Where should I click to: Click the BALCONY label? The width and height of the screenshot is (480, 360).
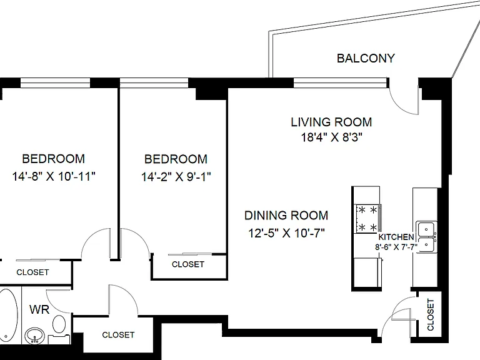pyautogui.click(x=366, y=58)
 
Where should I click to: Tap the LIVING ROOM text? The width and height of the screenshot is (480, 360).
pyautogui.click(x=331, y=122)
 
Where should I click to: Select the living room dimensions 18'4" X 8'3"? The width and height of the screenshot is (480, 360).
pyautogui.click(x=331, y=137)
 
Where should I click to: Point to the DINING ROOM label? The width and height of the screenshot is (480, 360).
pyautogui.click(x=286, y=216)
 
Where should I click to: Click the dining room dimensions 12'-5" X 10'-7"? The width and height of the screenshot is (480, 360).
pyautogui.click(x=286, y=233)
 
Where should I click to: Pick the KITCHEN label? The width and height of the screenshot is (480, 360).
pyautogui.click(x=396, y=237)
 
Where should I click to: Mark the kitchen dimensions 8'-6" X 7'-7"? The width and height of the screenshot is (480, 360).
pyautogui.click(x=396, y=247)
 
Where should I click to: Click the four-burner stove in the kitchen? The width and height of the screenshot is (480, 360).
pyautogui.click(x=367, y=219)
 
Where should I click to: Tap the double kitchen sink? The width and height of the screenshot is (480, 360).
pyautogui.click(x=426, y=237)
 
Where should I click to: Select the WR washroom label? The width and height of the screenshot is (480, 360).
pyautogui.click(x=39, y=309)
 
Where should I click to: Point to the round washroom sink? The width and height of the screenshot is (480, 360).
pyautogui.click(x=35, y=336)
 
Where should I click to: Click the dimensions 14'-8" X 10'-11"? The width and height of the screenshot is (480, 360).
pyautogui.click(x=54, y=176)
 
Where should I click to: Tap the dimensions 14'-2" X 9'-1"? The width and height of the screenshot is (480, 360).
pyautogui.click(x=176, y=177)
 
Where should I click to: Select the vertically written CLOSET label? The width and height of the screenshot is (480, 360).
pyautogui.click(x=431, y=315)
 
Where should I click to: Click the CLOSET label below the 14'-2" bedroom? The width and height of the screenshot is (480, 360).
pyautogui.click(x=188, y=264)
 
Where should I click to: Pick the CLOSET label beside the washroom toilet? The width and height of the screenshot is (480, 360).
pyautogui.click(x=118, y=335)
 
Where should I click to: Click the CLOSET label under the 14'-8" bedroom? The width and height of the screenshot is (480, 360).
pyautogui.click(x=32, y=272)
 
